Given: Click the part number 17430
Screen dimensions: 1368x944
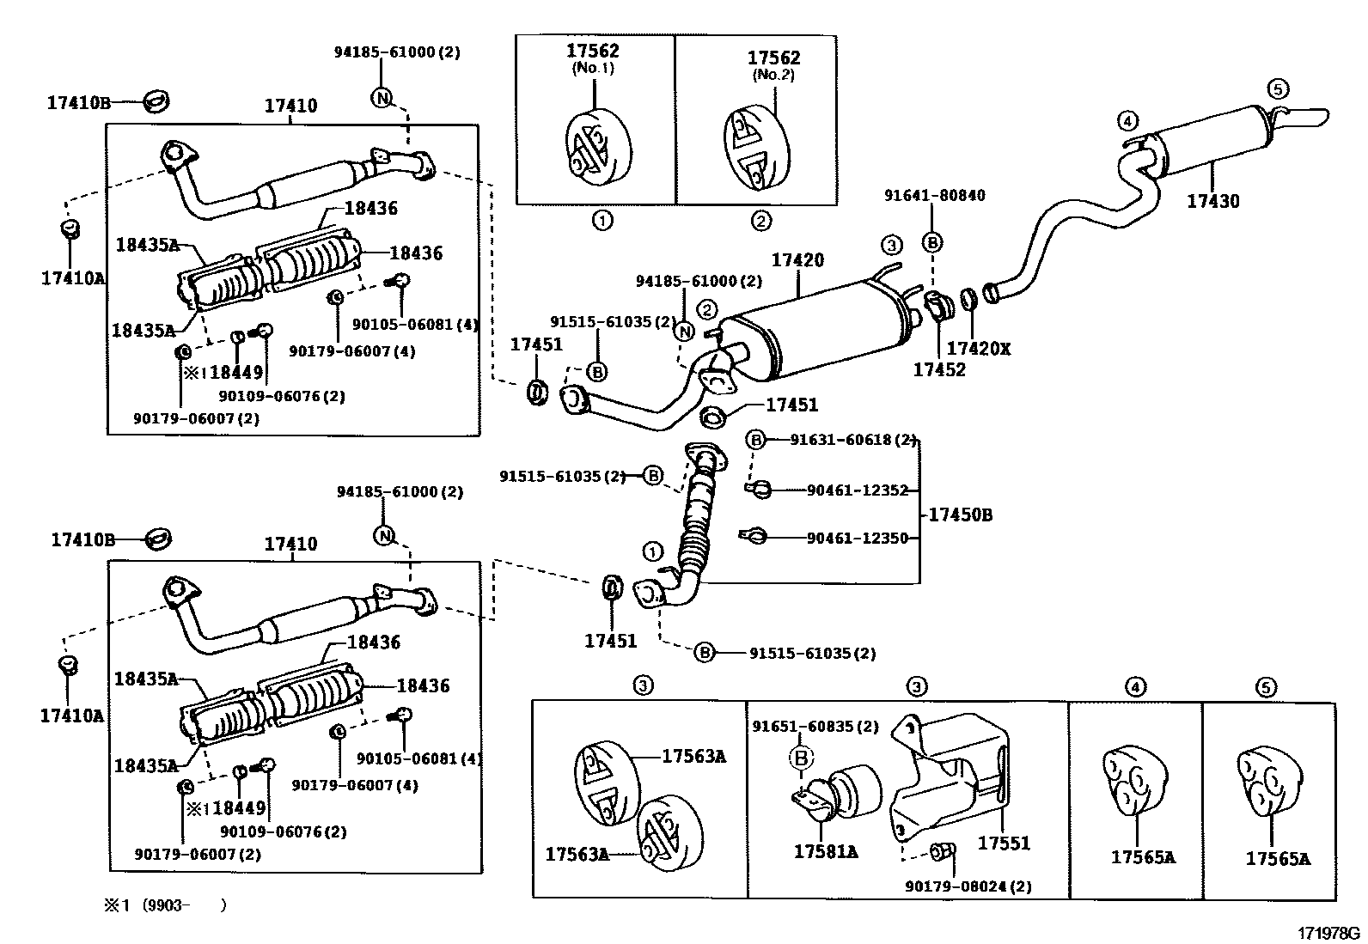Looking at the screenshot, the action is [x=1212, y=201].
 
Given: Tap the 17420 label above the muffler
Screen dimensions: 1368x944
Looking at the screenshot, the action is [x=797, y=260].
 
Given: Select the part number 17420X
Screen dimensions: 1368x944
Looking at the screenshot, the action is [x=979, y=349].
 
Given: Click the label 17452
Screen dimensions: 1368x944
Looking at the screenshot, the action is [x=939, y=369].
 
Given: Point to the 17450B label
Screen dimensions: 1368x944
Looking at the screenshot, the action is [x=961, y=515].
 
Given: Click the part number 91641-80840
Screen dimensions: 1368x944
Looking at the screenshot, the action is [x=934, y=195].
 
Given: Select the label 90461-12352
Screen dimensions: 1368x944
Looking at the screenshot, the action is [x=858, y=490].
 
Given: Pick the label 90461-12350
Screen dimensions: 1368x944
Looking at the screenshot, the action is [x=858, y=538].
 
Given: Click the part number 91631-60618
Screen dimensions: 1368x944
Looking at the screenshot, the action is [x=841, y=440].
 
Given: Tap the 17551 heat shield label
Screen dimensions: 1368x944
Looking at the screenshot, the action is [x=1004, y=844].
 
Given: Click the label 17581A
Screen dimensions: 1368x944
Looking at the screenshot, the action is [x=826, y=852].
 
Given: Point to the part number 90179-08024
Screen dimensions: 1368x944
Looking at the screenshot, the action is [x=956, y=886].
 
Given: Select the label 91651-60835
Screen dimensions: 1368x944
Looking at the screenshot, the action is [x=803, y=727].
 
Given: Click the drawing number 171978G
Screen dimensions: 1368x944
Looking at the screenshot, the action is [x=1329, y=934].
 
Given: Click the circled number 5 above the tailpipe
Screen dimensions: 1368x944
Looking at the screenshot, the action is [x=1278, y=89].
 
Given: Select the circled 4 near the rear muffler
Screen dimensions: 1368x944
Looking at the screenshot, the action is [x=1127, y=121].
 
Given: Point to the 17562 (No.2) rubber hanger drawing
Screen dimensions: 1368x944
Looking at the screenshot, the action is [x=756, y=149].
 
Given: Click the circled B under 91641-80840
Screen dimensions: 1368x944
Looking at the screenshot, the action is [x=932, y=243].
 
